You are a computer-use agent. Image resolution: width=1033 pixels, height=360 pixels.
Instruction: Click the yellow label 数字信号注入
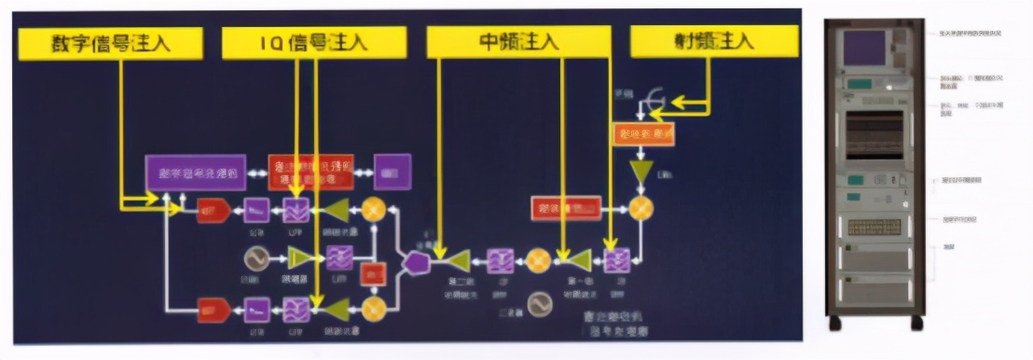(x=112, y=41)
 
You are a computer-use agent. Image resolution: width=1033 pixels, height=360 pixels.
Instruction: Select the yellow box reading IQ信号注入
(x=313, y=42)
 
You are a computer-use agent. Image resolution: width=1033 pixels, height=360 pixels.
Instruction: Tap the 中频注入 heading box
(x=517, y=41)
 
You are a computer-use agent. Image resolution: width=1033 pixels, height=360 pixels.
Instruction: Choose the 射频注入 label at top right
(x=713, y=41)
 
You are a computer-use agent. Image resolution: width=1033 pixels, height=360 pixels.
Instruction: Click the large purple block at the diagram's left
(x=196, y=173)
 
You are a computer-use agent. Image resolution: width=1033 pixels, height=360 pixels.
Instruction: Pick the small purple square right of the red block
(x=392, y=171)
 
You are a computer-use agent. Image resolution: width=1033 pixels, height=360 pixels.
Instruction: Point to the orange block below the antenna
(x=644, y=134)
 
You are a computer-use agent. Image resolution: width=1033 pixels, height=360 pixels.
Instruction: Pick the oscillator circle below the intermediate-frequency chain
(x=538, y=303)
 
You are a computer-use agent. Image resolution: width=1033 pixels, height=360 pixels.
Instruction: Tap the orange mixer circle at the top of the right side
(x=640, y=209)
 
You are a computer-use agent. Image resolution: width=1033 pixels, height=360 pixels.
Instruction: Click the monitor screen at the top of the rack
(x=864, y=48)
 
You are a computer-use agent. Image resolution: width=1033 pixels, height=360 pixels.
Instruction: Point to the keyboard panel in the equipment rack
(x=874, y=226)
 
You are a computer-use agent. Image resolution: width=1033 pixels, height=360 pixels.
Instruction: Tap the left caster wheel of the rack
(x=834, y=324)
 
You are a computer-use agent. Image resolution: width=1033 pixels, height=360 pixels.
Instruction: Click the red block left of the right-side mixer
(x=565, y=208)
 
